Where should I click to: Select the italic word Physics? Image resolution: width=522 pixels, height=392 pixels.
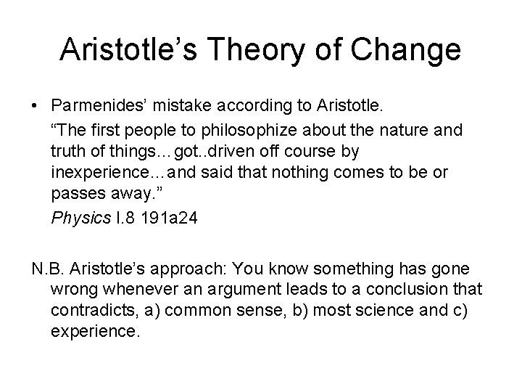[77, 219]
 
